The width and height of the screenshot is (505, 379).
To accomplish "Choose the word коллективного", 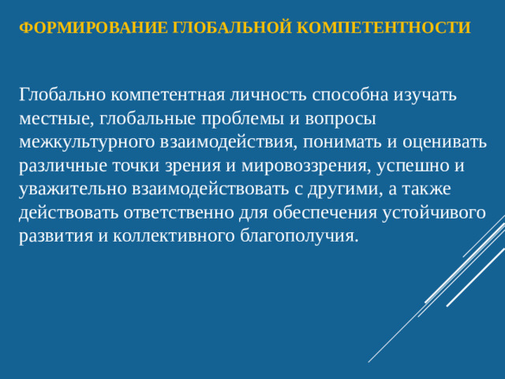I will [163, 237].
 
